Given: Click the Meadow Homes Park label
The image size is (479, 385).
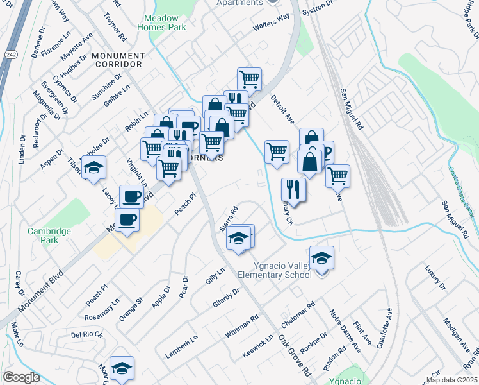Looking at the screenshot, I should pos(161,22).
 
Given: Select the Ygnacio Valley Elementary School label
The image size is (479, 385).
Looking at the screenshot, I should pos(275,270).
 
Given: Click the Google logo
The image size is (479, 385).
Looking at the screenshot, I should pos(21,377).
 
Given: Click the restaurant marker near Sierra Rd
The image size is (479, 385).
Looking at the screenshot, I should pos(293,190).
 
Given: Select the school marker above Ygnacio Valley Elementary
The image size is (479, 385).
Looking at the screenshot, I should pos(321,258).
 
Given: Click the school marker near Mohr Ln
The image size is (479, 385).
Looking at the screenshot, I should pos(121,368).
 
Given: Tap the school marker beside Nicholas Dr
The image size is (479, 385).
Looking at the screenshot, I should pos(93,167).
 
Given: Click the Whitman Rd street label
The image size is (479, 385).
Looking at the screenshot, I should pos(241,327).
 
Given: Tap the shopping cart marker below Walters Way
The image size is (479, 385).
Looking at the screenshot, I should pos(248,80).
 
